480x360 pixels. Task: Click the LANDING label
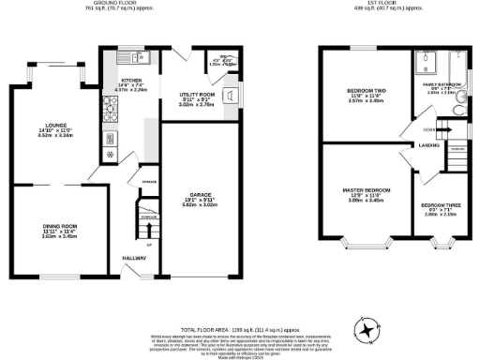coord(430,145)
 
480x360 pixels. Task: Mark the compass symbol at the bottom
coord(367,328)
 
